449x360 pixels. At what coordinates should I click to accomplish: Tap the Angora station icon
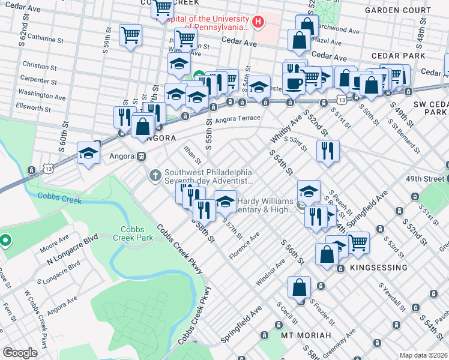click(x=142, y=156)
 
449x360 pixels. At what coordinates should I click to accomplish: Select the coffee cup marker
click(x=294, y=83)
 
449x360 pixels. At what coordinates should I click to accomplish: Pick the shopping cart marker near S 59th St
click(x=130, y=34)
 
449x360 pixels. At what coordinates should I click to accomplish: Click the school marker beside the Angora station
click(x=88, y=153)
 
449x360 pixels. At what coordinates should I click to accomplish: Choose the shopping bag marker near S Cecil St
click(x=299, y=287)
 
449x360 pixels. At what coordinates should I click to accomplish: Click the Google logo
click(x=20, y=353)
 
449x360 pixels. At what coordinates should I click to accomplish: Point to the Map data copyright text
click(x=423, y=355)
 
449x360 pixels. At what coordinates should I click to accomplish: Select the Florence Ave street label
click(x=244, y=247)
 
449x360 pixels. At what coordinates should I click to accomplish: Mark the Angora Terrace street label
click(x=237, y=119)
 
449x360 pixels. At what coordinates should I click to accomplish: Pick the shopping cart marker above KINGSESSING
click(x=358, y=242)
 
